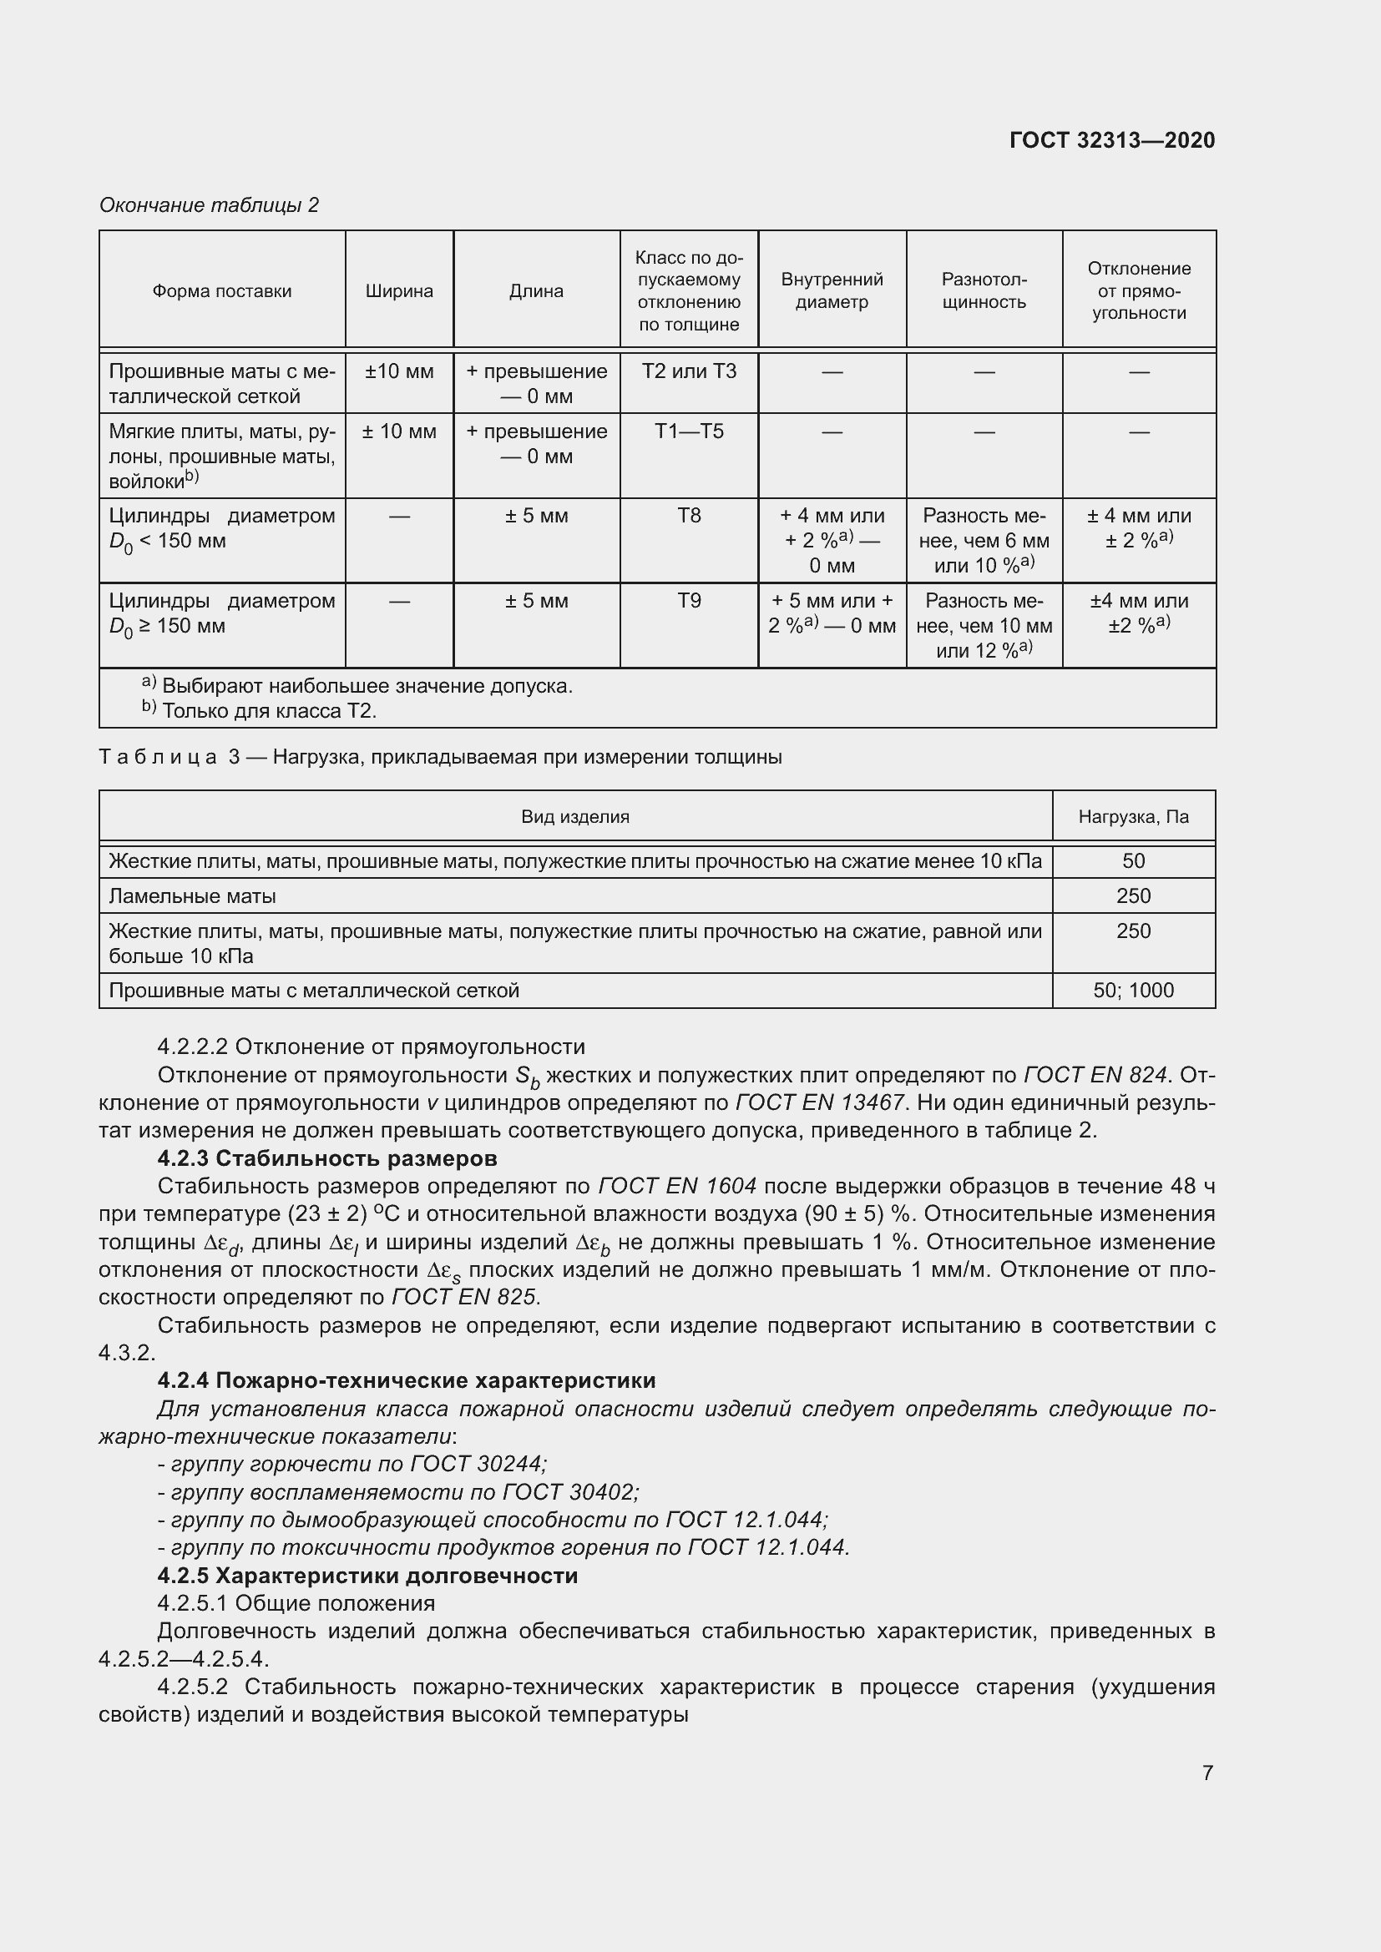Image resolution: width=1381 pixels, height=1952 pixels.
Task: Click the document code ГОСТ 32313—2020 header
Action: pos(1111,140)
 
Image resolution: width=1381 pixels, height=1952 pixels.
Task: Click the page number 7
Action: pos(1207,1773)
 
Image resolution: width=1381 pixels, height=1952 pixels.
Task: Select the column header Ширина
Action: pos(399,290)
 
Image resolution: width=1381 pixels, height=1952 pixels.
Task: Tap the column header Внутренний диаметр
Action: pos(832,290)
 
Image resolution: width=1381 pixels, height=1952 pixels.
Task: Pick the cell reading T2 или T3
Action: pos(689,371)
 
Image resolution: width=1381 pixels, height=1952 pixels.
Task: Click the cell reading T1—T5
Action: pos(689,431)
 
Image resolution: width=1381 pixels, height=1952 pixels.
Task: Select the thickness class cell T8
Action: pos(689,516)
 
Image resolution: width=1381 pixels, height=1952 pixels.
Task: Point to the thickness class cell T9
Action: pos(689,601)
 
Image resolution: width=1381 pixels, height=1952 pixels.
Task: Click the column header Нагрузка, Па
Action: pos(1134,817)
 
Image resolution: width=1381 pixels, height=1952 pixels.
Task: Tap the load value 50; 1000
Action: pos(1134,991)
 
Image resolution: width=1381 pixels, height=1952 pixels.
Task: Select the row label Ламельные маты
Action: pos(192,896)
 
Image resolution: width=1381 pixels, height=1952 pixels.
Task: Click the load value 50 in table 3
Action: pos(1134,861)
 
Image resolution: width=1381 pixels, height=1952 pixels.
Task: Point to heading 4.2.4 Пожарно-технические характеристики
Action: pos(407,1380)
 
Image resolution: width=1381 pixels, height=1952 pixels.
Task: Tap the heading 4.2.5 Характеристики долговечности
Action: pos(367,1576)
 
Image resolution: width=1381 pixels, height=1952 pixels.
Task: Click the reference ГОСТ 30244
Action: pos(477,1463)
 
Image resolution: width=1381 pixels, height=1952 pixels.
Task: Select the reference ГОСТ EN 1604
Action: pos(677,1186)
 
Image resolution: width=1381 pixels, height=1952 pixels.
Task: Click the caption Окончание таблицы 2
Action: pos(210,205)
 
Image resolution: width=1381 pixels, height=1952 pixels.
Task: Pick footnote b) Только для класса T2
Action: pos(260,711)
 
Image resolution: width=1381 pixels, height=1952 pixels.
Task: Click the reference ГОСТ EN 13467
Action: pos(819,1102)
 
